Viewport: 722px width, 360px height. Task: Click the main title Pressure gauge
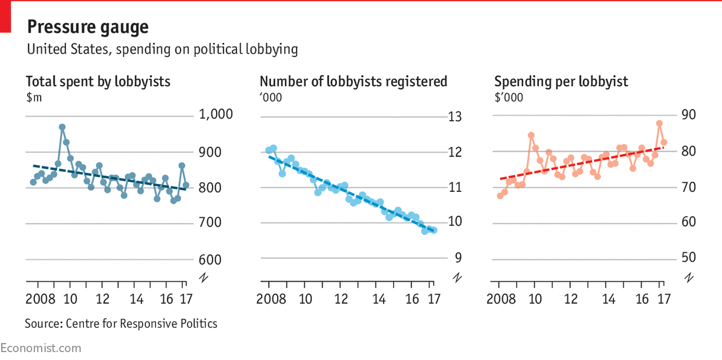click(88, 27)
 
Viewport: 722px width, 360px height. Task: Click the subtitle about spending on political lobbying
click(162, 49)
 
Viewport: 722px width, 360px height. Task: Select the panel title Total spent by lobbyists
click(98, 81)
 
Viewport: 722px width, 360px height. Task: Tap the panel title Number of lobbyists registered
click(353, 81)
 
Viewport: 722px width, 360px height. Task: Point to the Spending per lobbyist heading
click(561, 81)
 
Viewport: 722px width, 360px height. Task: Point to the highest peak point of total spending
click(62, 127)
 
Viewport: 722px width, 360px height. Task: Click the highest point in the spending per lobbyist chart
click(659, 123)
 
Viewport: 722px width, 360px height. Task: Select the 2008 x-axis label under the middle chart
click(272, 299)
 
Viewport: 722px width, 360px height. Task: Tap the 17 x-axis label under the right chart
click(663, 299)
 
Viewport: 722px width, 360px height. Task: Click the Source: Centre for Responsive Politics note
click(121, 323)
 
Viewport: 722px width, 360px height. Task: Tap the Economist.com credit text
click(41, 348)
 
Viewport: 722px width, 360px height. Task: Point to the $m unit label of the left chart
click(34, 97)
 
